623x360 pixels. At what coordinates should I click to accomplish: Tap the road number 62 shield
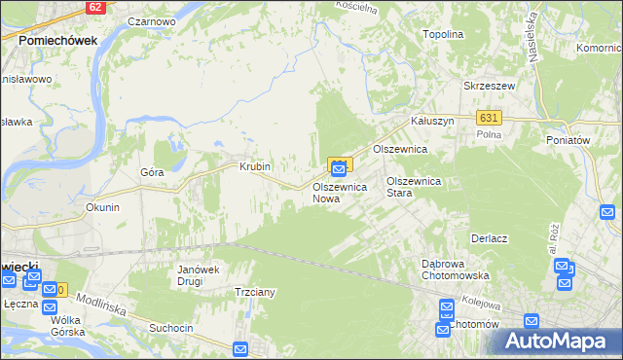[93, 7]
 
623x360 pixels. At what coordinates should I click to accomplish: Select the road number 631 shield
[489, 117]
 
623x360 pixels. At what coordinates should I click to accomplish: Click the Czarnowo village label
[151, 19]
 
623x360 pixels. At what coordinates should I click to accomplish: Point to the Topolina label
[442, 33]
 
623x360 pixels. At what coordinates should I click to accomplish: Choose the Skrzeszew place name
[488, 86]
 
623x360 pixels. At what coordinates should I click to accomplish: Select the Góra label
[151, 172]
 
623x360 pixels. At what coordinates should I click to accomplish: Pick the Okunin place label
[102, 207]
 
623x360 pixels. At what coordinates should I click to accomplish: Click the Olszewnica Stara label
[414, 187]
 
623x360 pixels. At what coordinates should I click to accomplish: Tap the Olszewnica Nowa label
[339, 192]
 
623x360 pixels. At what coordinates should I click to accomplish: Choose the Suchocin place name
[170, 328]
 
